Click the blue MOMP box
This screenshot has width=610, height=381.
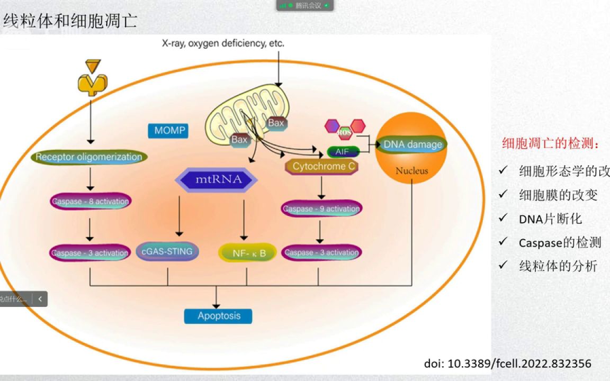(x=168, y=130)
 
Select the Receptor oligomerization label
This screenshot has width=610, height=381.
(x=89, y=157)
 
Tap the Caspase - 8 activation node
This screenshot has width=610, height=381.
(x=91, y=201)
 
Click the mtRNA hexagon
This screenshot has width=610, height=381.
(x=216, y=180)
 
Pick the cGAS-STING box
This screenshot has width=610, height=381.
(x=167, y=251)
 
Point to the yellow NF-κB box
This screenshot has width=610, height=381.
(x=247, y=253)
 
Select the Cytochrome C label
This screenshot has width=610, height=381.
(x=323, y=167)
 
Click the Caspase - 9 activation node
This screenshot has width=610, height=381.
(x=321, y=208)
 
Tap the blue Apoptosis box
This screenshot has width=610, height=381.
(x=218, y=316)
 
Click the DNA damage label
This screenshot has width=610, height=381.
(x=412, y=144)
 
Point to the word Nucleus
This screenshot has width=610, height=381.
(x=411, y=171)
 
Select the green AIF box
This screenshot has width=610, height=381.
(x=343, y=152)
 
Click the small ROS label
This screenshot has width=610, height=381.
(x=344, y=131)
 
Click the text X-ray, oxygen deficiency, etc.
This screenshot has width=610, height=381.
(x=223, y=43)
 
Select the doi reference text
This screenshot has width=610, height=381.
(x=507, y=364)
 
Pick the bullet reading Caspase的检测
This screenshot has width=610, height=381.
(x=560, y=242)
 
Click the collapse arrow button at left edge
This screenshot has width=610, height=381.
(x=40, y=299)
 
